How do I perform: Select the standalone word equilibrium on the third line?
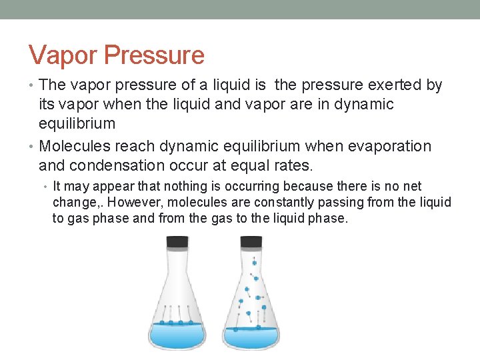pos(77,123)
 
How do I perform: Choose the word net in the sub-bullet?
pos(412,187)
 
